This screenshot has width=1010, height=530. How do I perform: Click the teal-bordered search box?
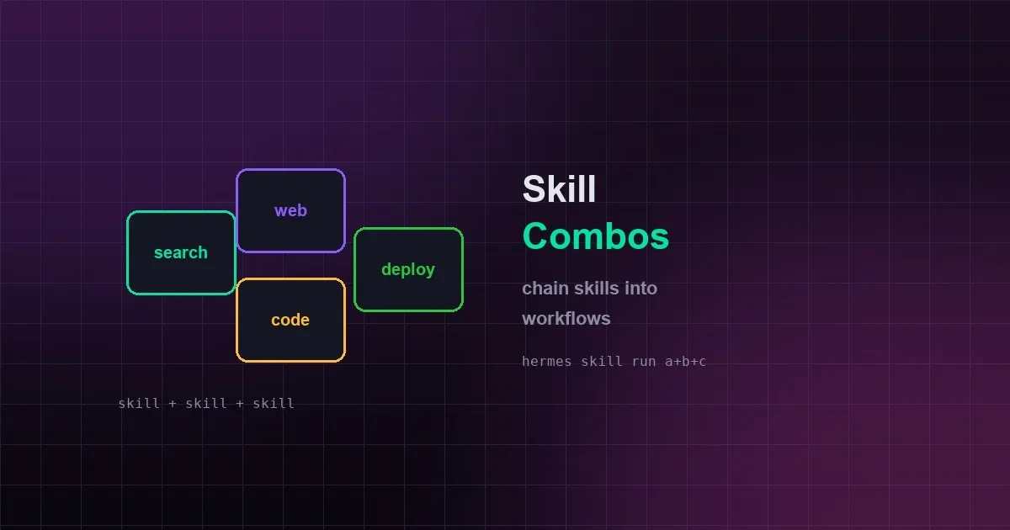181,253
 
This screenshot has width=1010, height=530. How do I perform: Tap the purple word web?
291,210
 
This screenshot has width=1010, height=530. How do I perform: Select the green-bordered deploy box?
408,269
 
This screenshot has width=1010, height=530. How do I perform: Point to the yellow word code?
290,320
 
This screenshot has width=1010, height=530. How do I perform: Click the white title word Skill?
559,188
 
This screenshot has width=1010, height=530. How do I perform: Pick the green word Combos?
596,236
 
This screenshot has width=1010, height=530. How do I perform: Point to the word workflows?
566,319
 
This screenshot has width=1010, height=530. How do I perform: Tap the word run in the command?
644,362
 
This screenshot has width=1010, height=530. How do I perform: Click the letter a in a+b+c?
669,362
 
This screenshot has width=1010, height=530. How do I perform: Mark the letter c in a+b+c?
702,362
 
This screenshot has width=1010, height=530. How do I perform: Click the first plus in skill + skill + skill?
173,404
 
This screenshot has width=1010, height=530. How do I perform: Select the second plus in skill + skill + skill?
239,404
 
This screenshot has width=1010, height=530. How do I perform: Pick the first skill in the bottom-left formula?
139,403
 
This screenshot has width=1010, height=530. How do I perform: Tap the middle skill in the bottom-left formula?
206,403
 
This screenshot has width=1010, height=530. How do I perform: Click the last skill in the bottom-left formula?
274,403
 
